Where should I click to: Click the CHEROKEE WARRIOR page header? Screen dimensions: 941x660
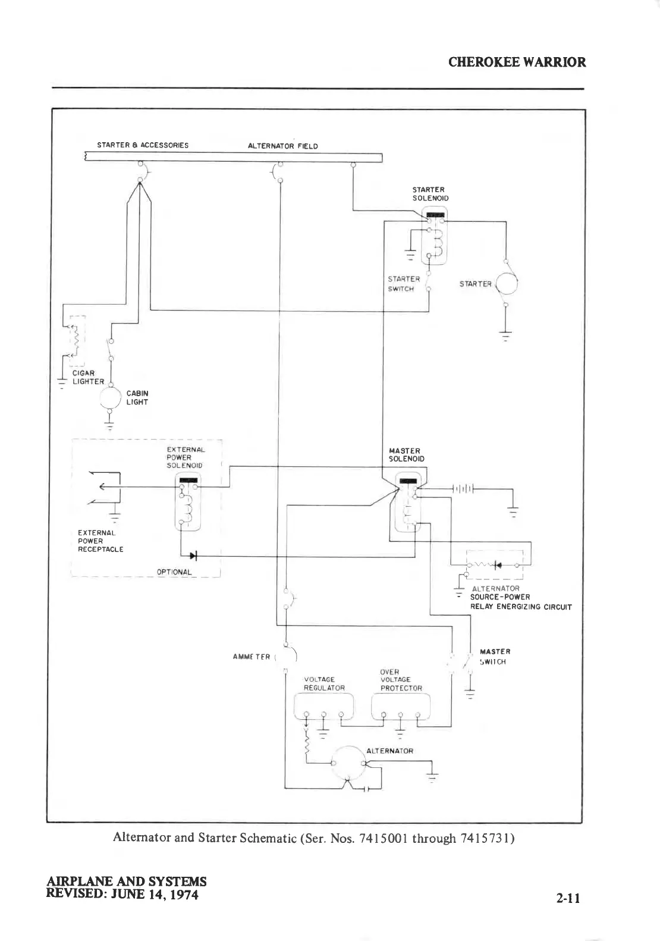click(x=517, y=62)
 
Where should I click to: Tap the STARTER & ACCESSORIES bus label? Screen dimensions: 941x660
click(x=143, y=145)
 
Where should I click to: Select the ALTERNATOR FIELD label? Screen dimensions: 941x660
click(x=282, y=146)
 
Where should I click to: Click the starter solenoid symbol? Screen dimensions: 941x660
click(x=434, y=236)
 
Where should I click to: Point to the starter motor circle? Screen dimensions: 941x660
click(x=507, y=284)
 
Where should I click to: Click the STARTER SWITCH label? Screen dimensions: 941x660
click(x=404, y=284)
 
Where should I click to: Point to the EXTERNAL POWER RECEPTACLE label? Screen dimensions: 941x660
click(x=100, y=541)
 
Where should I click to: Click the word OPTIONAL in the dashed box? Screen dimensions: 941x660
click(x=174, y=572)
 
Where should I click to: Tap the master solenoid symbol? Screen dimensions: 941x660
click(x=408, y=503)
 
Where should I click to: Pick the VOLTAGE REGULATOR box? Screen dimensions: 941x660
click(x=324, y=707)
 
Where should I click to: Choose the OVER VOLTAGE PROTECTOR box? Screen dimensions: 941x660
click(x=401, y=707)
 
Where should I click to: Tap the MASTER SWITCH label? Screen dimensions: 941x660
click(x=494, y=657)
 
